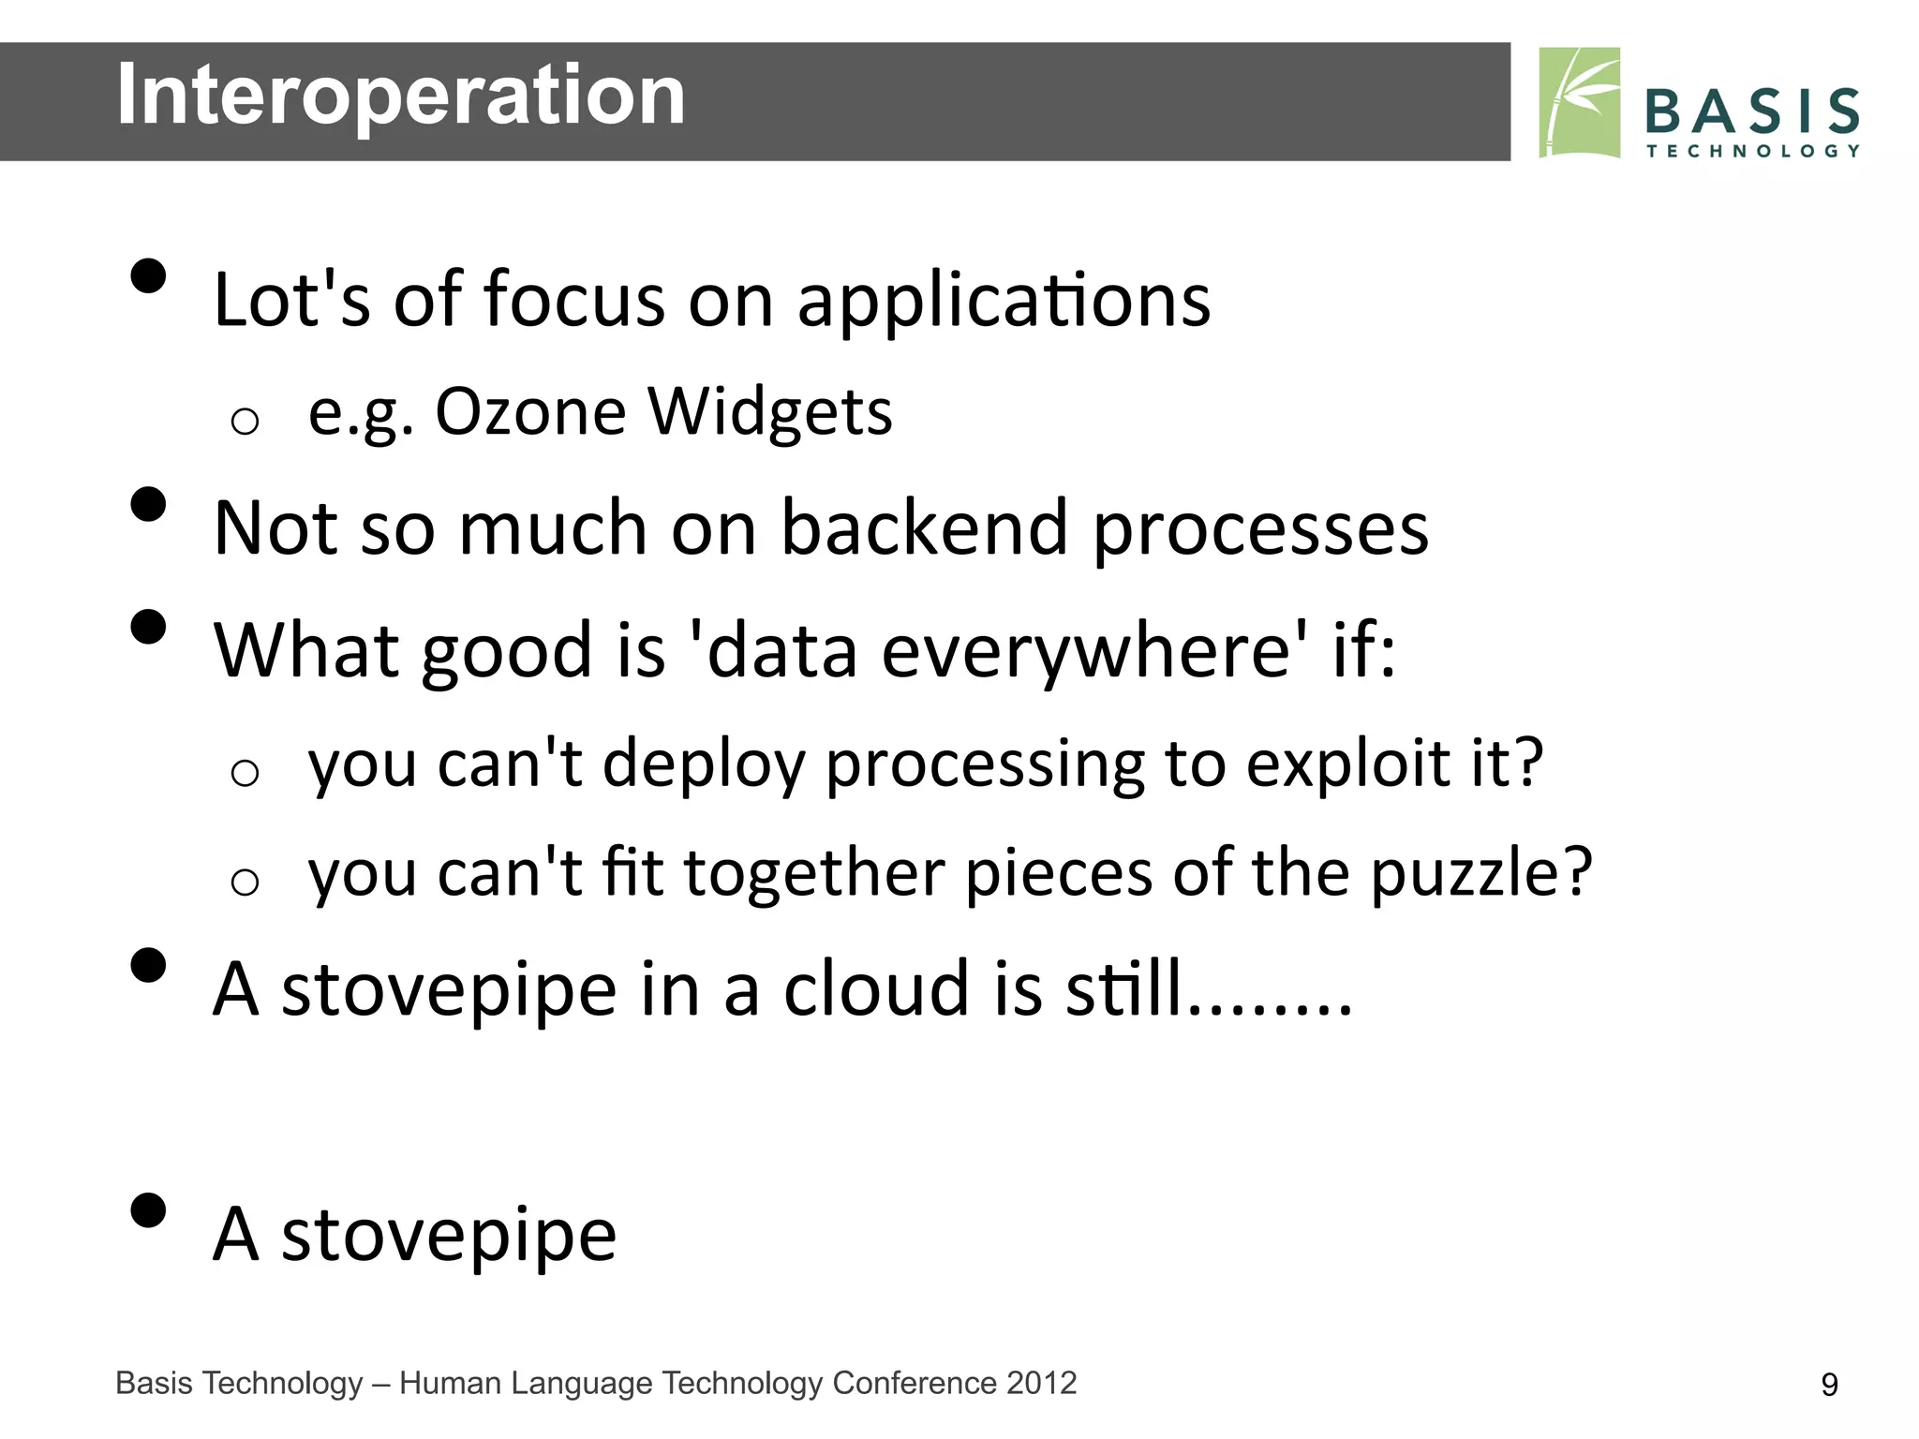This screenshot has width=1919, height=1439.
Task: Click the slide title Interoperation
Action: tap(400, 96)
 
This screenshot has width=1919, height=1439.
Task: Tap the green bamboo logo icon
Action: tap(1579, 102)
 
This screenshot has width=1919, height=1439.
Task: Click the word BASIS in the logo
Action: tap(1751, 111)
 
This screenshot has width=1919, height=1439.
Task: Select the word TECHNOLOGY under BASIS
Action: tap(1752, 151)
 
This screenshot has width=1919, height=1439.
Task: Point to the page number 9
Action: tap(1828, 1385)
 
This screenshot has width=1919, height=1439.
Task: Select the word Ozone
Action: tap(530, 412)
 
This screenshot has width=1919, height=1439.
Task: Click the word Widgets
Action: tap(770, 414)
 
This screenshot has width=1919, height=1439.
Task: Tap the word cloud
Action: tap(876, 989)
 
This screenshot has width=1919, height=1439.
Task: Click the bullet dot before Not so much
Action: tap(148, 504)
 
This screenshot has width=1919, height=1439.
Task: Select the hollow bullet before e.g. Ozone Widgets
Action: tap(245, 422)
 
